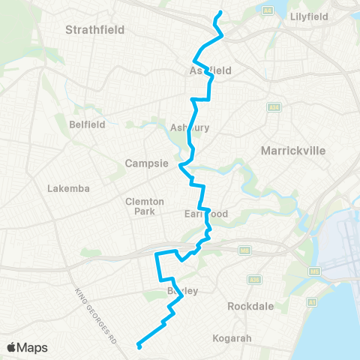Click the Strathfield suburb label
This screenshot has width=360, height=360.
(94, 30)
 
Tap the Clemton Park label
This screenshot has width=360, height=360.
(139, 206)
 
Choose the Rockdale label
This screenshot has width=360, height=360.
(250, 306)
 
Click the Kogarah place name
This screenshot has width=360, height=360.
(231, 338)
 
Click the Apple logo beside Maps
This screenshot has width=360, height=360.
(12, 347)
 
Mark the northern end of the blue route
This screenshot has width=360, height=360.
(220, 13)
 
